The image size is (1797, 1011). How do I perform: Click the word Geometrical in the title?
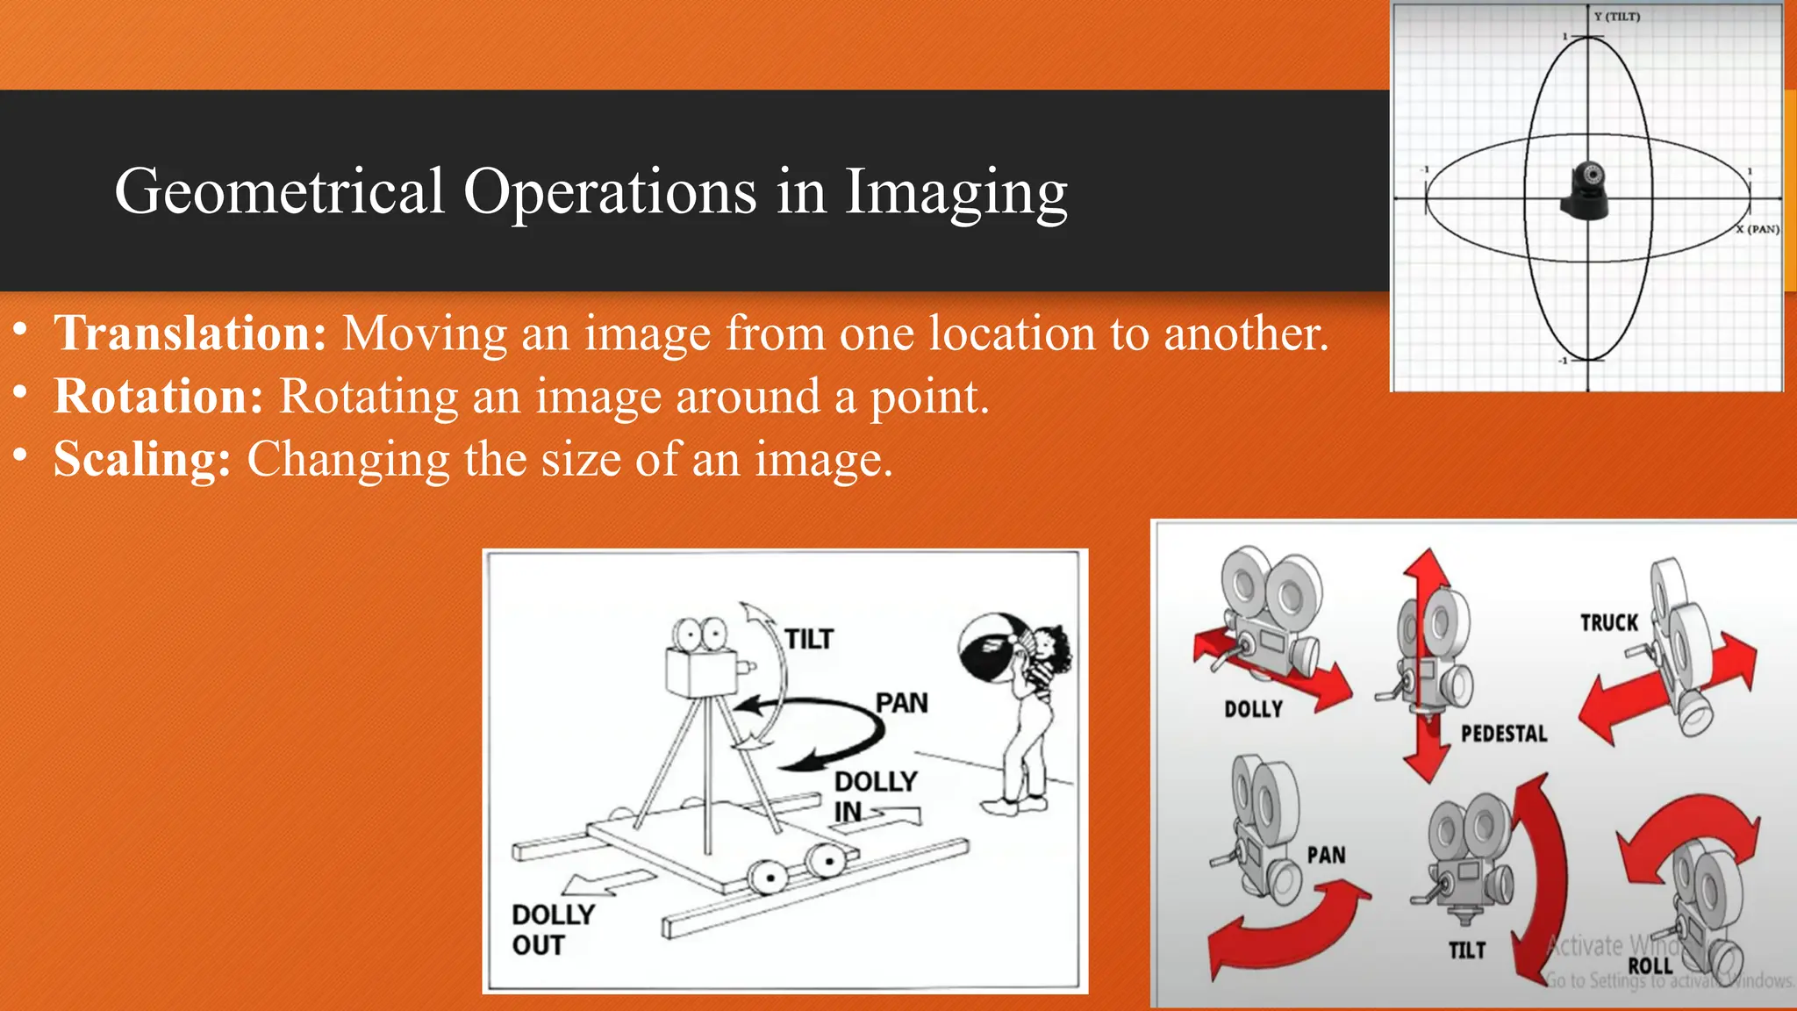point(279,191)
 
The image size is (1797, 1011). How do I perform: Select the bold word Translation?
point(190,333)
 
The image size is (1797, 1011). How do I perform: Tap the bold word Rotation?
point(159,397)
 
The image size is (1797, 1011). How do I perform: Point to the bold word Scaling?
point(142,459)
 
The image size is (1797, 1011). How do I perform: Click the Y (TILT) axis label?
point(1617,17)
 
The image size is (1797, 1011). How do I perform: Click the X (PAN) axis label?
point(1758,229)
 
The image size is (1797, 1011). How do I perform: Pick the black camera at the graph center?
point(1586,190)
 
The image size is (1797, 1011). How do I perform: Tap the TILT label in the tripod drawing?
point(809,640)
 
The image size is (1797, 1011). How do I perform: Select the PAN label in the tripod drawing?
point(901,704)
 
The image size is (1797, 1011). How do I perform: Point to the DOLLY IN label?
point(875,795)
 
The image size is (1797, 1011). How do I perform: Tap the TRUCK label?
point(1609,623)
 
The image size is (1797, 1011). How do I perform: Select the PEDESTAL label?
point(1504,734)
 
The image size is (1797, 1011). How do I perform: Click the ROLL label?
point(1650,966)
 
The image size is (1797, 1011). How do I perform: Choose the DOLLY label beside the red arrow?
point(1253,709)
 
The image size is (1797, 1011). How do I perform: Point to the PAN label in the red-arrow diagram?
point(1326,856)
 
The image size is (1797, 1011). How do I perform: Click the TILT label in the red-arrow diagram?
point(1467,950)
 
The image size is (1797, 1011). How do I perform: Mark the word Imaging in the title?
point(956,191)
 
